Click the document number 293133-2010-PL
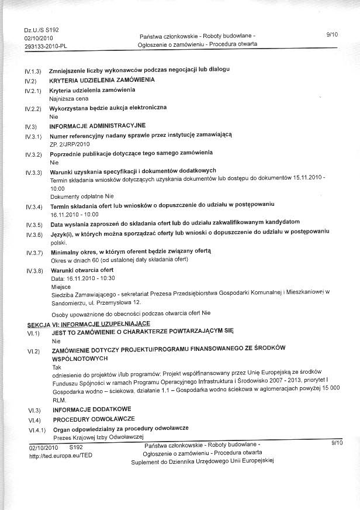pyautogui.click(x=44, y=45)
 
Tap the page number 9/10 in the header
pyautogui.click(x=333, y=36)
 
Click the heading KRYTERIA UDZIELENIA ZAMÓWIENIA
pyautogui.click(x=102, y=80)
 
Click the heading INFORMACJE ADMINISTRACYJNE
pyautogui.click(x=98, y=126)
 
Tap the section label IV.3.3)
pyautogui.click(x=34, y=173)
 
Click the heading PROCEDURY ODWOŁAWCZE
pyautogui.click(x=94, y=419)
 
